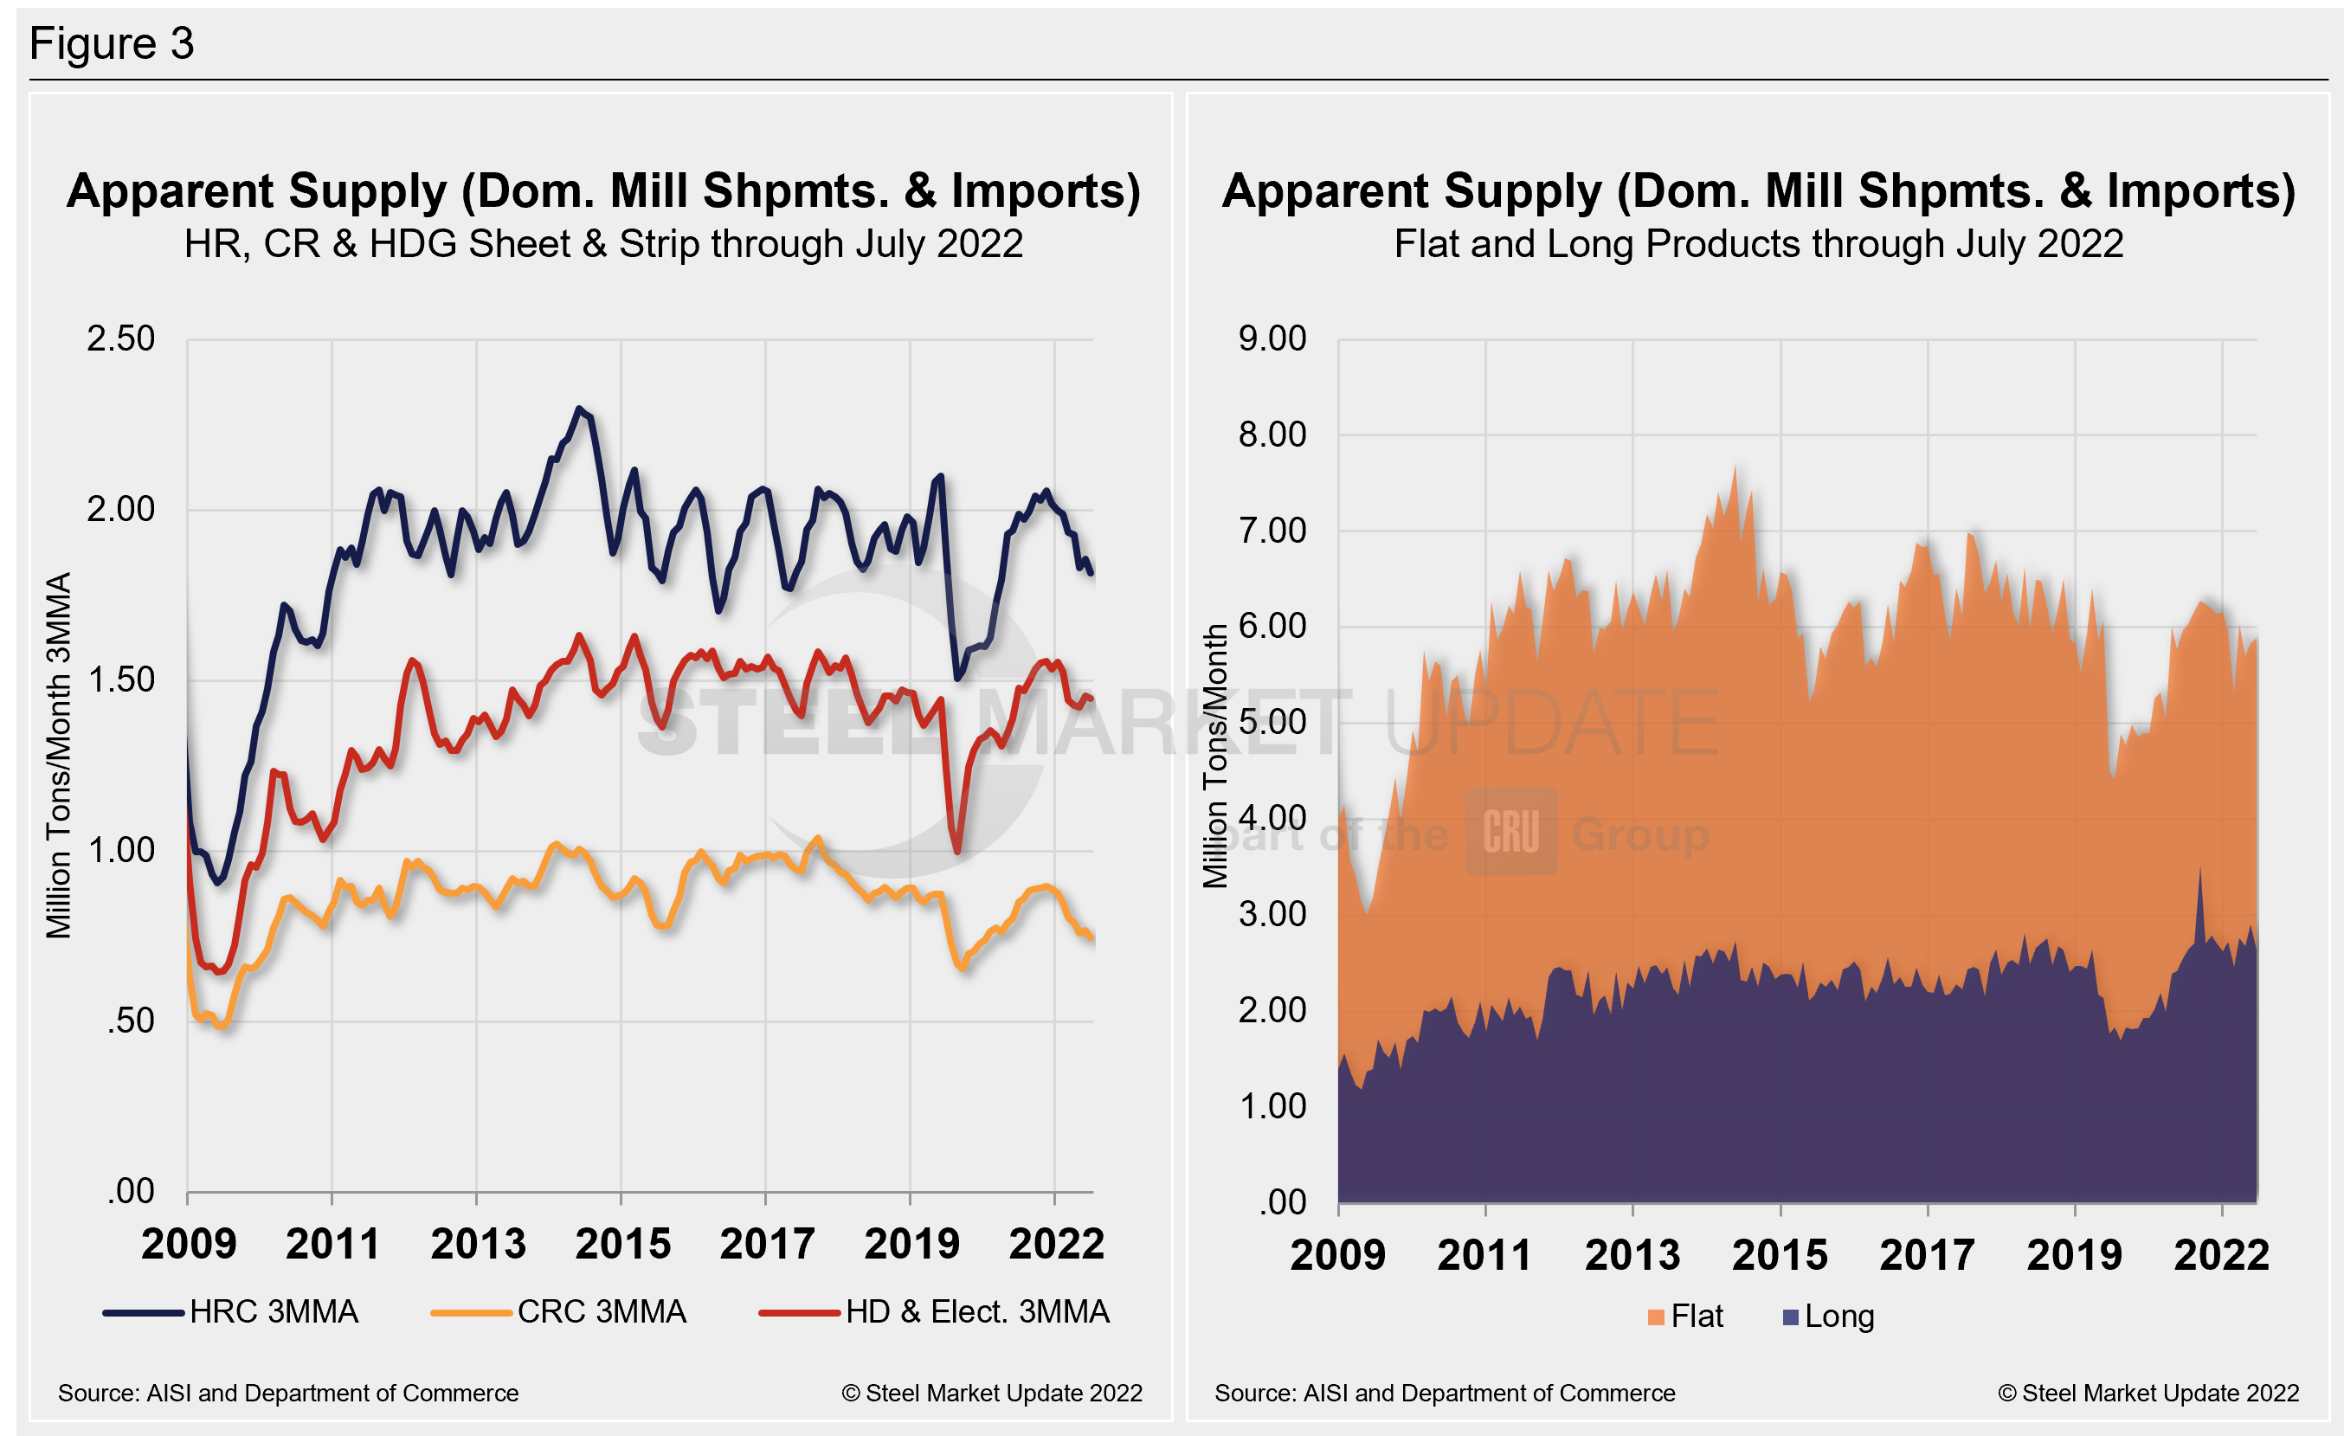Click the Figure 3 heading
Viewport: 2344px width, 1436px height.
[x=112, y=44]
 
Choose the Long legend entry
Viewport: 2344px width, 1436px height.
[x=1828, y=1317]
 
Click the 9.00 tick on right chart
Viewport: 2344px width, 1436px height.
[x=1272, y=338]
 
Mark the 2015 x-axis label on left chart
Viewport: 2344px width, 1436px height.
[x=622, y=1244]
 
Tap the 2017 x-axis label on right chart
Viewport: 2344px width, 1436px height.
[x=1927, y=1254]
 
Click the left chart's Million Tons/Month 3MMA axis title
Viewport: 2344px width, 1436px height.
[x=59, y=755]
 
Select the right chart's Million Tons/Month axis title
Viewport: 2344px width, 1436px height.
[x=1214, y=755]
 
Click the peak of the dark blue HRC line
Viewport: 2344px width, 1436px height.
[x=578, y=409]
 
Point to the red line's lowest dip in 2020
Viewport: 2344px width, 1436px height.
[x=956, y=851]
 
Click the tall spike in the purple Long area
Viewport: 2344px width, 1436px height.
[x=2199, y=870]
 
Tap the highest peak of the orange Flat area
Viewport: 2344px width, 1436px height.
[x=1735, y=467]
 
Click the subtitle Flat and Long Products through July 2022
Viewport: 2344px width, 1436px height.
[x=1758, y=244]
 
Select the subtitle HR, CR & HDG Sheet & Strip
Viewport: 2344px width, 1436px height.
[x=603, y=244]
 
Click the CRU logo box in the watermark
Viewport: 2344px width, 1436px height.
[x=1510, y=831]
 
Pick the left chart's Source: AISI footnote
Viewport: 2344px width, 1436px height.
[x=288, y=1394]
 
